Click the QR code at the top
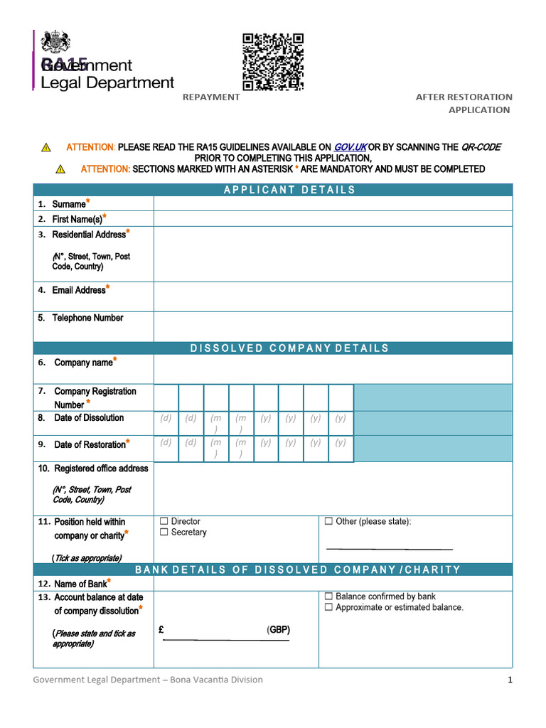coord(273,62)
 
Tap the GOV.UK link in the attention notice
coord(350,147)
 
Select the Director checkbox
coord(164,522)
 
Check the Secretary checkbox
coord(164,532)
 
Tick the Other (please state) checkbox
coord(328,522)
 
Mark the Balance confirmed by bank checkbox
coord(328,596)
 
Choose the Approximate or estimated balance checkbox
coord(328,608)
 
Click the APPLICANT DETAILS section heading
coord(289,190)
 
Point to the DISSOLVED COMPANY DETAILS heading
coord(289,348)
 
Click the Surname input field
coord(332,204)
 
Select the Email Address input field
coord(332,296)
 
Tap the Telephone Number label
coord(87,318)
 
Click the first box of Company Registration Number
coord(166,397)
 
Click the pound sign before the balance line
coord(162,630)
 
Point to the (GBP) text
coord(279,630)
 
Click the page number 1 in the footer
coord(510,680)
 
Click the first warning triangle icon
coord(46,148)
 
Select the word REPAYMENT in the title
coord(211,97)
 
